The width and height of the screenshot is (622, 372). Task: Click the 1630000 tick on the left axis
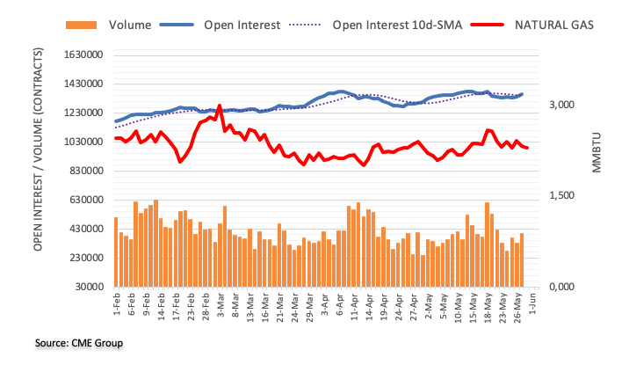tap(82, 55)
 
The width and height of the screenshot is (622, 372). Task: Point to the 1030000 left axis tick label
tap(82, 142)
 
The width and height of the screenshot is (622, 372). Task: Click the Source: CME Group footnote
tap(79, 342)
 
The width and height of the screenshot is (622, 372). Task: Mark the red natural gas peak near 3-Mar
tap(219, 106)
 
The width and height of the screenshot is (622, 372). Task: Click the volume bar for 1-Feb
tap(116, 252)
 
